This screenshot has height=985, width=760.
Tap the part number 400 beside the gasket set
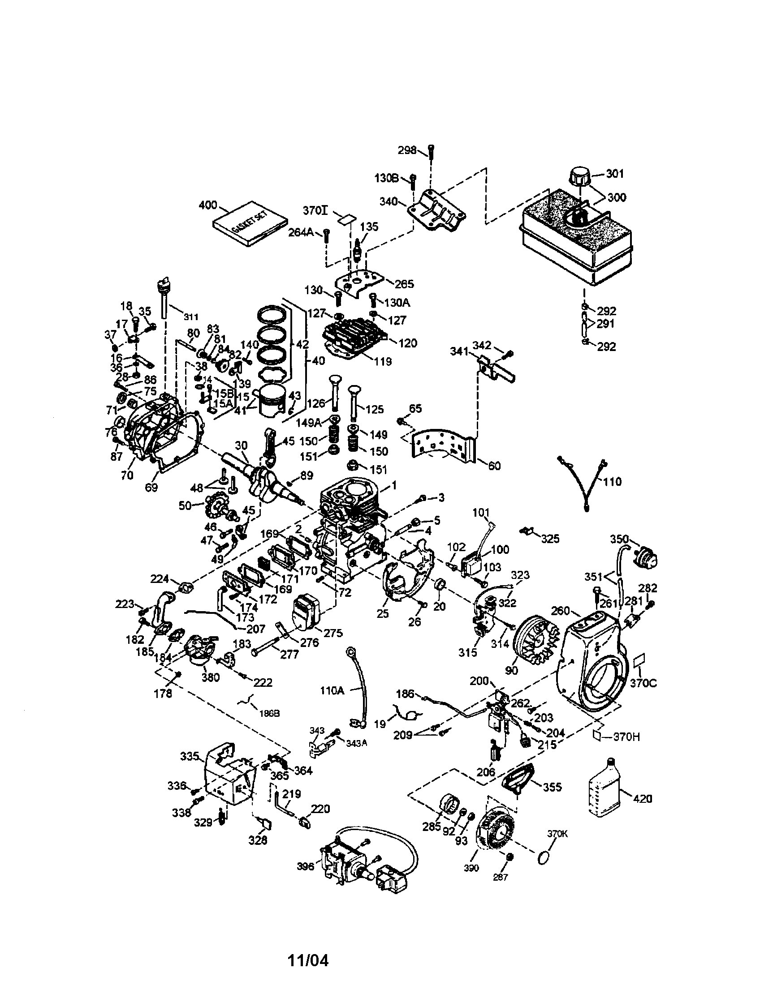[x=207, y=206]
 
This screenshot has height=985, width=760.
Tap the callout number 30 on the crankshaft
[x=241, y=445]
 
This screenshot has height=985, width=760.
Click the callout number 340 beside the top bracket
[x=389, y=201]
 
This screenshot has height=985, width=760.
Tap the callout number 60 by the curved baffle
[x=494, y=466]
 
